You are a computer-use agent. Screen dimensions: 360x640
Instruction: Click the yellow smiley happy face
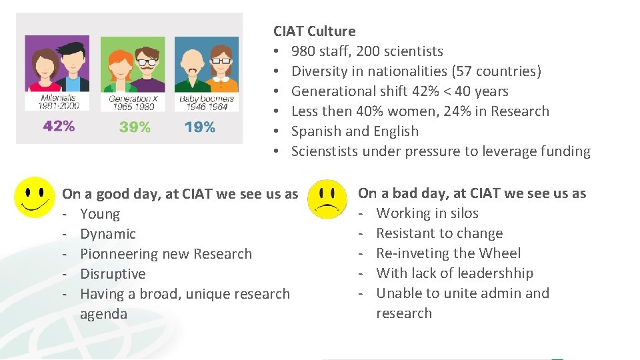[33, 197]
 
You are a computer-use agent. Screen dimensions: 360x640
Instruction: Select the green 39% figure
[135, 127]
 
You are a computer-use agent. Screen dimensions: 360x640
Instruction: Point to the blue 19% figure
[200, 127]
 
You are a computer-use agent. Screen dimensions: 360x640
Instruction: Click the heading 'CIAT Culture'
[314, 31]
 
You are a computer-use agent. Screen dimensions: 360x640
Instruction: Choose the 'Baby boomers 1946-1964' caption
[204, 103]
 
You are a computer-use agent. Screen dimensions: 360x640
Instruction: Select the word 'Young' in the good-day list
[100, 214]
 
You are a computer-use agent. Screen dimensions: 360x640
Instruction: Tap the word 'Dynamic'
[107, 234]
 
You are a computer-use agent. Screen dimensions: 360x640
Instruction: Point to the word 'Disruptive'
[113, 274]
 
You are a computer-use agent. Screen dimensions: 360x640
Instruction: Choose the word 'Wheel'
[501, 253]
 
